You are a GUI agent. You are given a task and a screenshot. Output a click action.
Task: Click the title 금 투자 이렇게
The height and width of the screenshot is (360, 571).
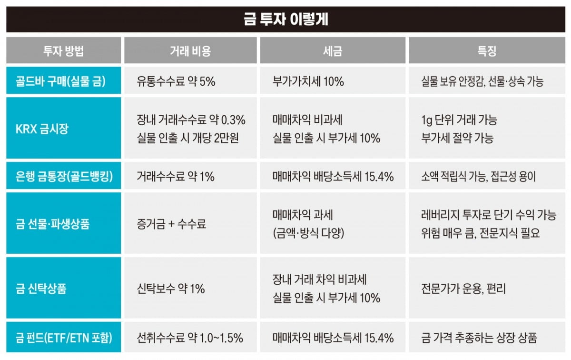[x=286, y=20]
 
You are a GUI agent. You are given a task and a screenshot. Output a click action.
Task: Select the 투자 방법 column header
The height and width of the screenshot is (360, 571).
[x=63, y=51]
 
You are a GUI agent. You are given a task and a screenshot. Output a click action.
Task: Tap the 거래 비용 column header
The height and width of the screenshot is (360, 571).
[x=190, y=51]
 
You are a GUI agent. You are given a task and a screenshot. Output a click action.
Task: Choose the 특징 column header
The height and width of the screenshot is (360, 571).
[x=486, y=51]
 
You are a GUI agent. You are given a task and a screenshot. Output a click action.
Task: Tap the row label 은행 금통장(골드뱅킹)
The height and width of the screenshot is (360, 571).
[x=64, y=177]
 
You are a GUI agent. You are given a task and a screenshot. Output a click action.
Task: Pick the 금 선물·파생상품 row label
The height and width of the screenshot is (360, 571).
[x=53, y=224]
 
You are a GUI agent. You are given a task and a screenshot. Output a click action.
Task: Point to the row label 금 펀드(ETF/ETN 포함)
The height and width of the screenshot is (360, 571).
[x=64, y=338]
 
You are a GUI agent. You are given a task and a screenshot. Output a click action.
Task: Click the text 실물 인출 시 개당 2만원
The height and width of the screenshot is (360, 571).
[x=187, y=138]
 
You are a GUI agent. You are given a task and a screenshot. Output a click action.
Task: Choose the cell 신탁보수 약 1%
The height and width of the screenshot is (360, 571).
[x=170, y=289]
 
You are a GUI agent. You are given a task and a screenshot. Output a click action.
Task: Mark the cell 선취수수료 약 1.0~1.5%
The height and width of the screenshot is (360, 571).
[x=190, y=338]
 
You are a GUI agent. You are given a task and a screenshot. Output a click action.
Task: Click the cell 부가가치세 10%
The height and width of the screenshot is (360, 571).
[x=308, y=81]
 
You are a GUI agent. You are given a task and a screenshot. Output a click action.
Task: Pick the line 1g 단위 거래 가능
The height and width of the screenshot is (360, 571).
[x=459, y=120]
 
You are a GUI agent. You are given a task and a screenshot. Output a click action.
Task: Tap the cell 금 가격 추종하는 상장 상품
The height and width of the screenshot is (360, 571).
[x=479, y=338]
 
